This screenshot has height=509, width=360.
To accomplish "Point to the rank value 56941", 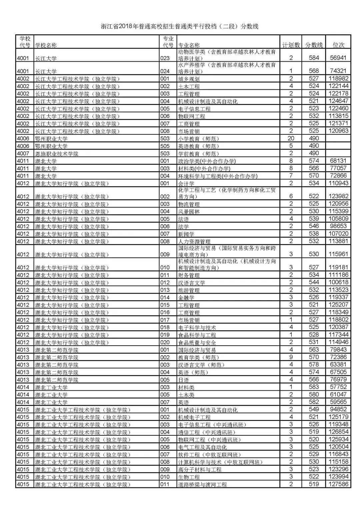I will coord(338,58).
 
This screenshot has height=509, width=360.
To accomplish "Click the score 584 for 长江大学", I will coord(314,58).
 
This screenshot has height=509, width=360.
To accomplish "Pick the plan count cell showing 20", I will coord(291,138).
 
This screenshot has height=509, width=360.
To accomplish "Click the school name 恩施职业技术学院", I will coord(57,154).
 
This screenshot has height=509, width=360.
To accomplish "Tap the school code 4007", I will coord(23,154).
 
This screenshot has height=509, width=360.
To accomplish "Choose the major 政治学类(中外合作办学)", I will coord(207,161).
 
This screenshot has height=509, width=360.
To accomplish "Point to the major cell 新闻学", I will coord(186,234).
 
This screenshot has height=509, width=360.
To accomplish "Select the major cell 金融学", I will coord(186,297).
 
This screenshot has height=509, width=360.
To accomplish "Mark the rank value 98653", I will coord(338,226).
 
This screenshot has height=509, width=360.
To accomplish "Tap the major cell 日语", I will coord(184,380).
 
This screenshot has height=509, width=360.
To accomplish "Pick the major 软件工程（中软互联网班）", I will coord(209,454).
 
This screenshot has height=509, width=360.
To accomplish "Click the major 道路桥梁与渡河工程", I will coord(203,484).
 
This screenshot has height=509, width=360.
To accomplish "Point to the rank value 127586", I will coord(338,484).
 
